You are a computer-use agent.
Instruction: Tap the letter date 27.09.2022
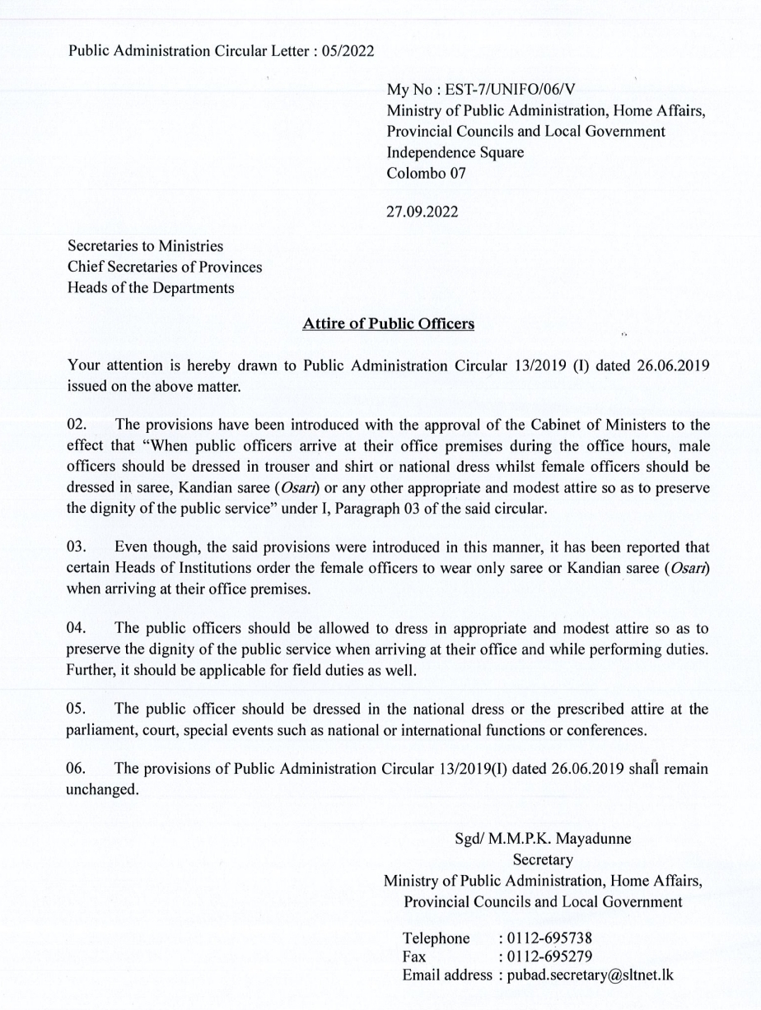[x=423, y=212]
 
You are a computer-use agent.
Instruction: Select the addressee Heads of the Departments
[x=151, y=288]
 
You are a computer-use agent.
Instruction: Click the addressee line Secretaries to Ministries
[x=145, y=246]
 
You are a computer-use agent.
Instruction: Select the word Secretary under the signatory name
[x=542, y=860]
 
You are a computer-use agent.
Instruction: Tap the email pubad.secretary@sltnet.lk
[x=589, y=975]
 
